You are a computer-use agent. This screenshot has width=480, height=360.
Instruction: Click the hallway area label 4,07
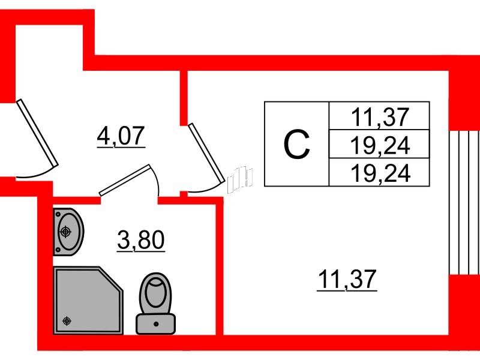click(x=121, y=137)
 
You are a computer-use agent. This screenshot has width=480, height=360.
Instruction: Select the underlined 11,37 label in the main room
click(x=346, y=279)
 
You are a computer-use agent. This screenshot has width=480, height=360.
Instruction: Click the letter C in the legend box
click(x=296, y=144)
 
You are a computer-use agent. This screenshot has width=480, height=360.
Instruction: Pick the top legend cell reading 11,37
click(x=380, y=116)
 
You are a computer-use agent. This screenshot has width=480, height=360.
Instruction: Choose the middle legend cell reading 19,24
click(x=380, y=145)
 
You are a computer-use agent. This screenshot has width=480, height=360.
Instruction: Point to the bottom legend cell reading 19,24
click(x=380, y=173)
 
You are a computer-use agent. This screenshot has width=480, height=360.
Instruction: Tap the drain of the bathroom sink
click(x=65, y=231)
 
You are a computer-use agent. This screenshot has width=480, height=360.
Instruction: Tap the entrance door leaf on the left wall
click(x=37, y=133)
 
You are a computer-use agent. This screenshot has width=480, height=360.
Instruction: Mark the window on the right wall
click(x=465, y=201)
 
